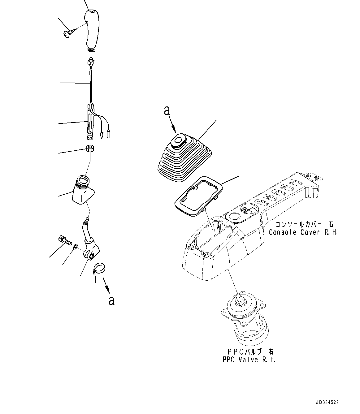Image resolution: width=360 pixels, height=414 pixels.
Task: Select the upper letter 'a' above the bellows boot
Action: click(x=167, y=111)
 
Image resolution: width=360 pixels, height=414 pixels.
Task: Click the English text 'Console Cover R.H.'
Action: click(x=303, y=232)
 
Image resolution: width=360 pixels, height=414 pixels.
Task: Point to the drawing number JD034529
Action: click(x=328, y=403)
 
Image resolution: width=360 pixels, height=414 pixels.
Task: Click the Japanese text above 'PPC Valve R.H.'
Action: click(x=249, y=352)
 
